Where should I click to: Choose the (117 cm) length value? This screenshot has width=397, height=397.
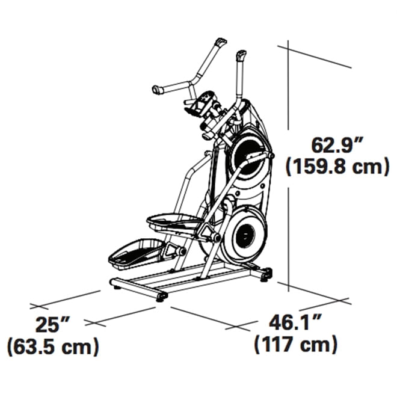pos(295,345)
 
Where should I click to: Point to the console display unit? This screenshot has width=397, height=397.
pos(206,102)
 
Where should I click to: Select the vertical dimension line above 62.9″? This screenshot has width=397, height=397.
pos(288,84)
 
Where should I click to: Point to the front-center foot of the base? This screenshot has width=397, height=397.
pos(161,297)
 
